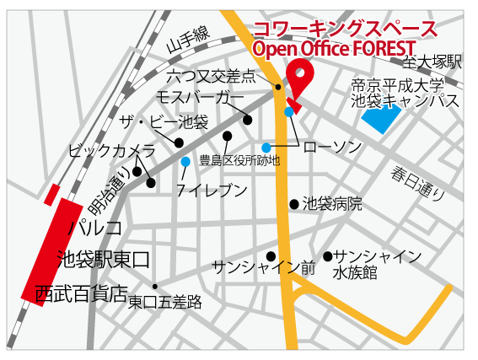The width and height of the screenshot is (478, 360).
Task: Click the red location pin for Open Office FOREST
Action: coord(299,78)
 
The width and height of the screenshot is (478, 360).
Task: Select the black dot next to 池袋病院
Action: coord(293,203)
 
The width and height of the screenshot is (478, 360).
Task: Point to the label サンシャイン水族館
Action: coord(377,264)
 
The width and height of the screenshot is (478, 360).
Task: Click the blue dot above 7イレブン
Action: coord(185,161)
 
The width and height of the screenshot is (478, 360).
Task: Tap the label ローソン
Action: coord(332,147)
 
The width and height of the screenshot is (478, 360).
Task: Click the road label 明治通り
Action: coord(109,193)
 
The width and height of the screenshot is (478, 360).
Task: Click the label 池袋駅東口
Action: coord(102,257)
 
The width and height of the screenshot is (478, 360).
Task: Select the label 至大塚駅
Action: coord(432,62)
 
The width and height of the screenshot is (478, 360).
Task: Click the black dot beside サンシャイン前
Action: coord(271,256)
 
